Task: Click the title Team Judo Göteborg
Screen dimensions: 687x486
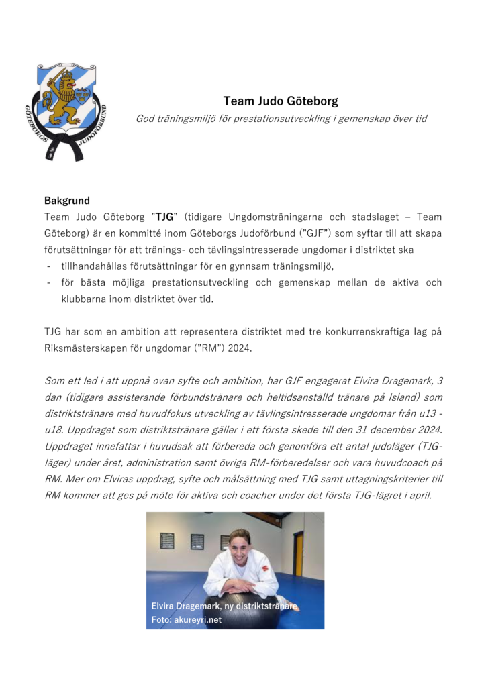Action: (x=281, y=102)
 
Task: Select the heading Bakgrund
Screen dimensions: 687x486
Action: (x=67, y=201)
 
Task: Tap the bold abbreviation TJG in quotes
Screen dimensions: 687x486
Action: (x=164, y=217)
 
